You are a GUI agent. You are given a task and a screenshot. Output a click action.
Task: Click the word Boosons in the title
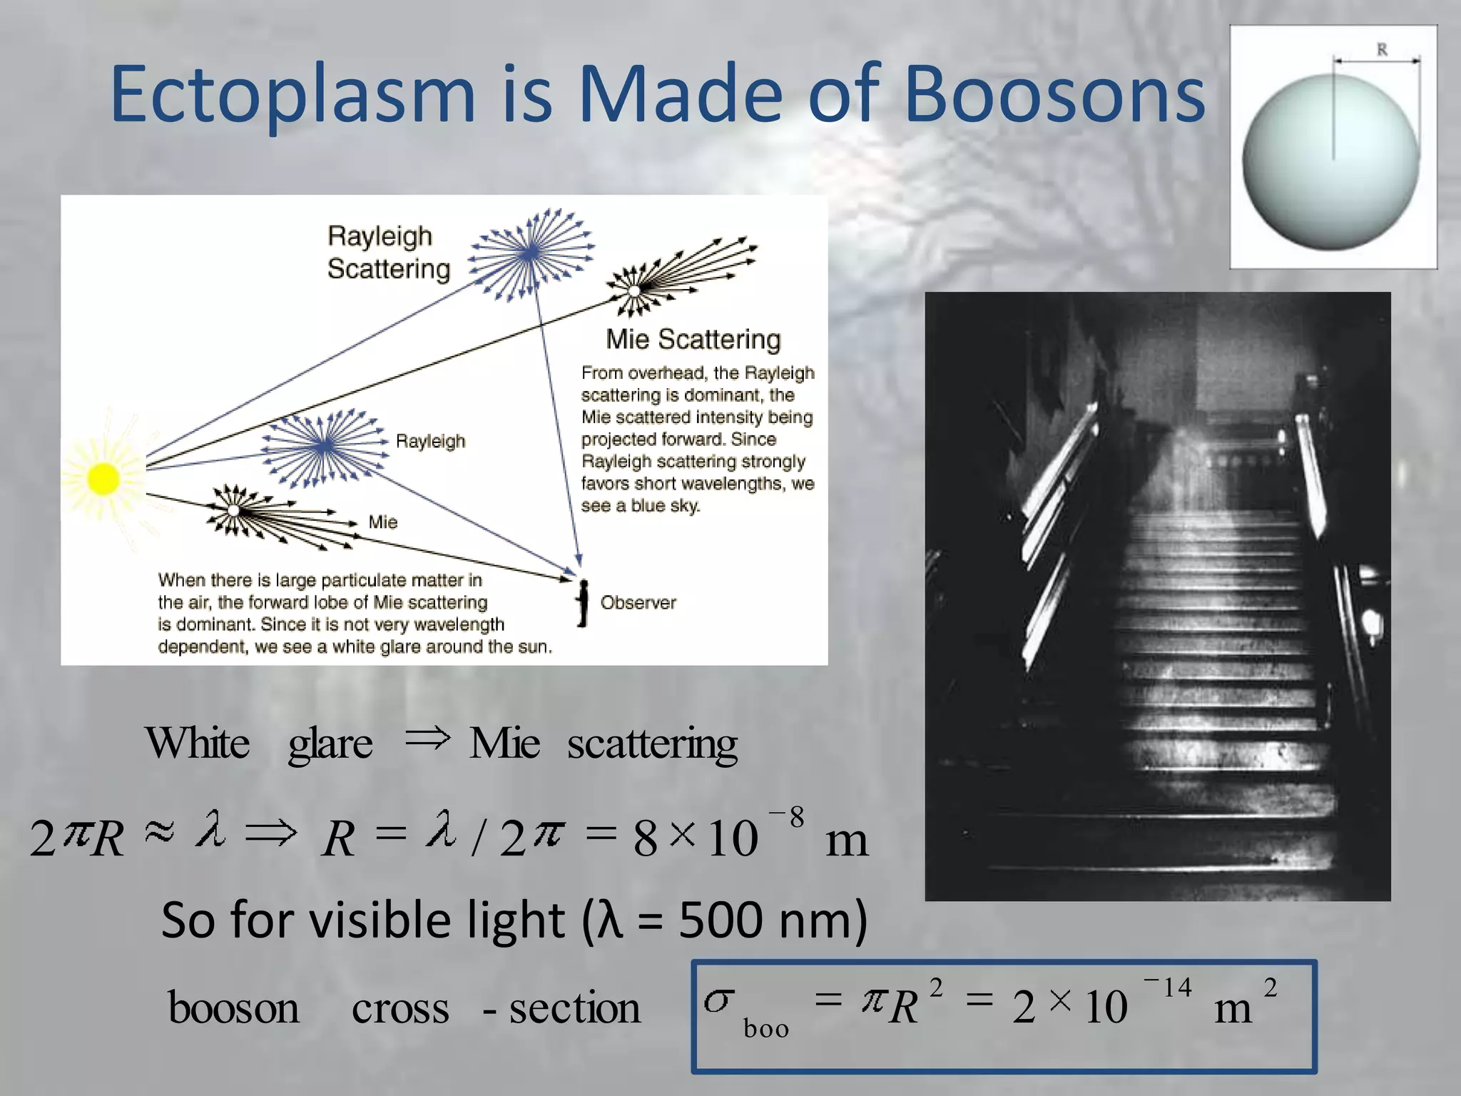[1054, 94]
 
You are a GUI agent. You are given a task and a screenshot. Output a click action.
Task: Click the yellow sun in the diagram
[103, 478]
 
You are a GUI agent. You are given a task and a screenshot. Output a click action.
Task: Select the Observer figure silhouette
[583, 603]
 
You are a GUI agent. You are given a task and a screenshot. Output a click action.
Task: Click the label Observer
[638, 603]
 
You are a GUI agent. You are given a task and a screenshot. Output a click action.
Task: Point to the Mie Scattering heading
[693, 340]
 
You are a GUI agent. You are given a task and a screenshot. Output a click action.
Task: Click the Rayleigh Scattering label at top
[389, 253]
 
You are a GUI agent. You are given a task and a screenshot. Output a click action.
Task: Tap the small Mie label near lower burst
[383, 522]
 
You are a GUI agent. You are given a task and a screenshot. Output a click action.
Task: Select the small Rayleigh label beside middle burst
[430, 441]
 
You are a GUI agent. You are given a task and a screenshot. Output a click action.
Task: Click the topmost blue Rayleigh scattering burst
[531, 253]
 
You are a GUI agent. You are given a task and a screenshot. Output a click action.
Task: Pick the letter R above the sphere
[1382, 50]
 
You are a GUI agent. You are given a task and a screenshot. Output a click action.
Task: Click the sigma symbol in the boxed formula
[718, 1000]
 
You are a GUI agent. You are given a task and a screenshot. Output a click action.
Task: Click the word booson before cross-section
[233, 1008]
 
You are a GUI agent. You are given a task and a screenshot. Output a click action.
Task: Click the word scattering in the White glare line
[652, 744]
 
